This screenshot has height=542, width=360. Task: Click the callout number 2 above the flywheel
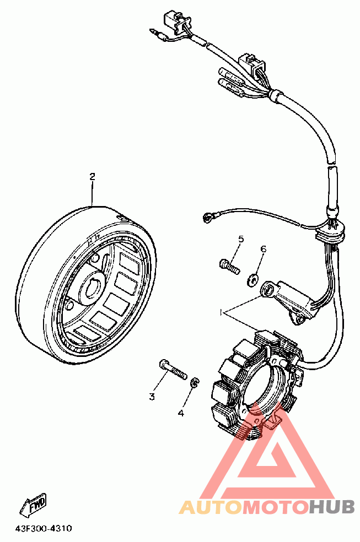pos(92,177)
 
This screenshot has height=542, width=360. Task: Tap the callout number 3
pos(152,396)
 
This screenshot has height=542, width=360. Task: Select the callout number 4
pos(180,413)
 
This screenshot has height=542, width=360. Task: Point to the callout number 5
pos(241,239)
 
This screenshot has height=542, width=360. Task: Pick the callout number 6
pos(264,250)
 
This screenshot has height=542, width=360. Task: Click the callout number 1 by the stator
pos(221,312)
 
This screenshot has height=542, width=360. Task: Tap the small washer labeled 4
pos(194,383)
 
